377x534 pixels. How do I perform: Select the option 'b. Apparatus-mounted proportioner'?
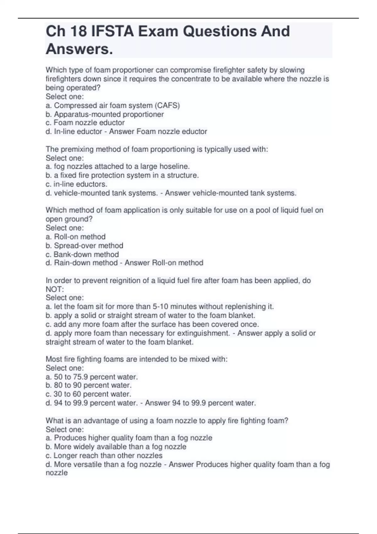pyautogui.click(x=105, y=114)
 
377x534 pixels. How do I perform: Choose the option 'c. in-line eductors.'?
pyautogui.click(x=76, y=184)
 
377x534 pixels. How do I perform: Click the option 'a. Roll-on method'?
pyautogui.click(x=75, y=237)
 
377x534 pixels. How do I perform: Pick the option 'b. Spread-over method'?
pyautogui.click(x=84, y=246)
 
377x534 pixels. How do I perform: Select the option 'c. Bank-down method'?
pyautogui.click(x=82, y=254)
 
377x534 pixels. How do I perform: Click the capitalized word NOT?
pyautogui.click(x=55, y=289)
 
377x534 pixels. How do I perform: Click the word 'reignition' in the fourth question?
pyautogui.click(x=124, y=281)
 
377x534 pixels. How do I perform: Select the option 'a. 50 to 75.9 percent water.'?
pyautogui.click(x=92, y=377)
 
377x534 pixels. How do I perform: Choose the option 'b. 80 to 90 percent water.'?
pyautogui.click(x=89, y=385)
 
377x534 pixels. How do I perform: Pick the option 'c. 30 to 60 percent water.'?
pyautogui.click(x=88, y=394)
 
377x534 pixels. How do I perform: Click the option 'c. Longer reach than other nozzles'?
pyautogui.click(x=104, y=456)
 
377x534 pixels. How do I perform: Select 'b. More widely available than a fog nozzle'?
pyautogui.click(x=116, y=447)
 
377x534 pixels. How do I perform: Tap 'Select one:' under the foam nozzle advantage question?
pyautogui.click(x=65, y=430)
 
